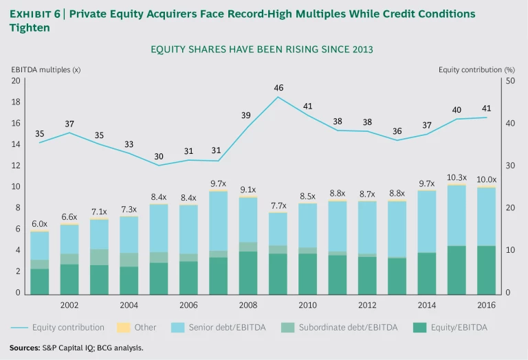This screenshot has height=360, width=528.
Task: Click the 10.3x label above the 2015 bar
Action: [456, 177]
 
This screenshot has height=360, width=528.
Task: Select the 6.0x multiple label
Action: [40, 224]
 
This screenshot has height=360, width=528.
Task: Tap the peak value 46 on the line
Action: [278, 88]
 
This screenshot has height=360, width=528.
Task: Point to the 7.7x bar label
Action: [278, 205]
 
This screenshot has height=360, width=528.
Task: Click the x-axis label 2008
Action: [248, 304]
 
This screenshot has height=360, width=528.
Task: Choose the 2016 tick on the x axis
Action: [486, 304]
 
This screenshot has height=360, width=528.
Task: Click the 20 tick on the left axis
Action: [15, 81]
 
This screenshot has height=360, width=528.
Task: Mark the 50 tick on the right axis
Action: [509, 81]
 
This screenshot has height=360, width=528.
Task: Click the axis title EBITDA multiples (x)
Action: [45, 69]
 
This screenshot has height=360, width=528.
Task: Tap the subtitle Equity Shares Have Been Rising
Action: [261, 49]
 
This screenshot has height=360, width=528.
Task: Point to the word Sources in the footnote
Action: [25, 348]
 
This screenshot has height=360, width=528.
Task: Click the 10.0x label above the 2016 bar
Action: [486, 179]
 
